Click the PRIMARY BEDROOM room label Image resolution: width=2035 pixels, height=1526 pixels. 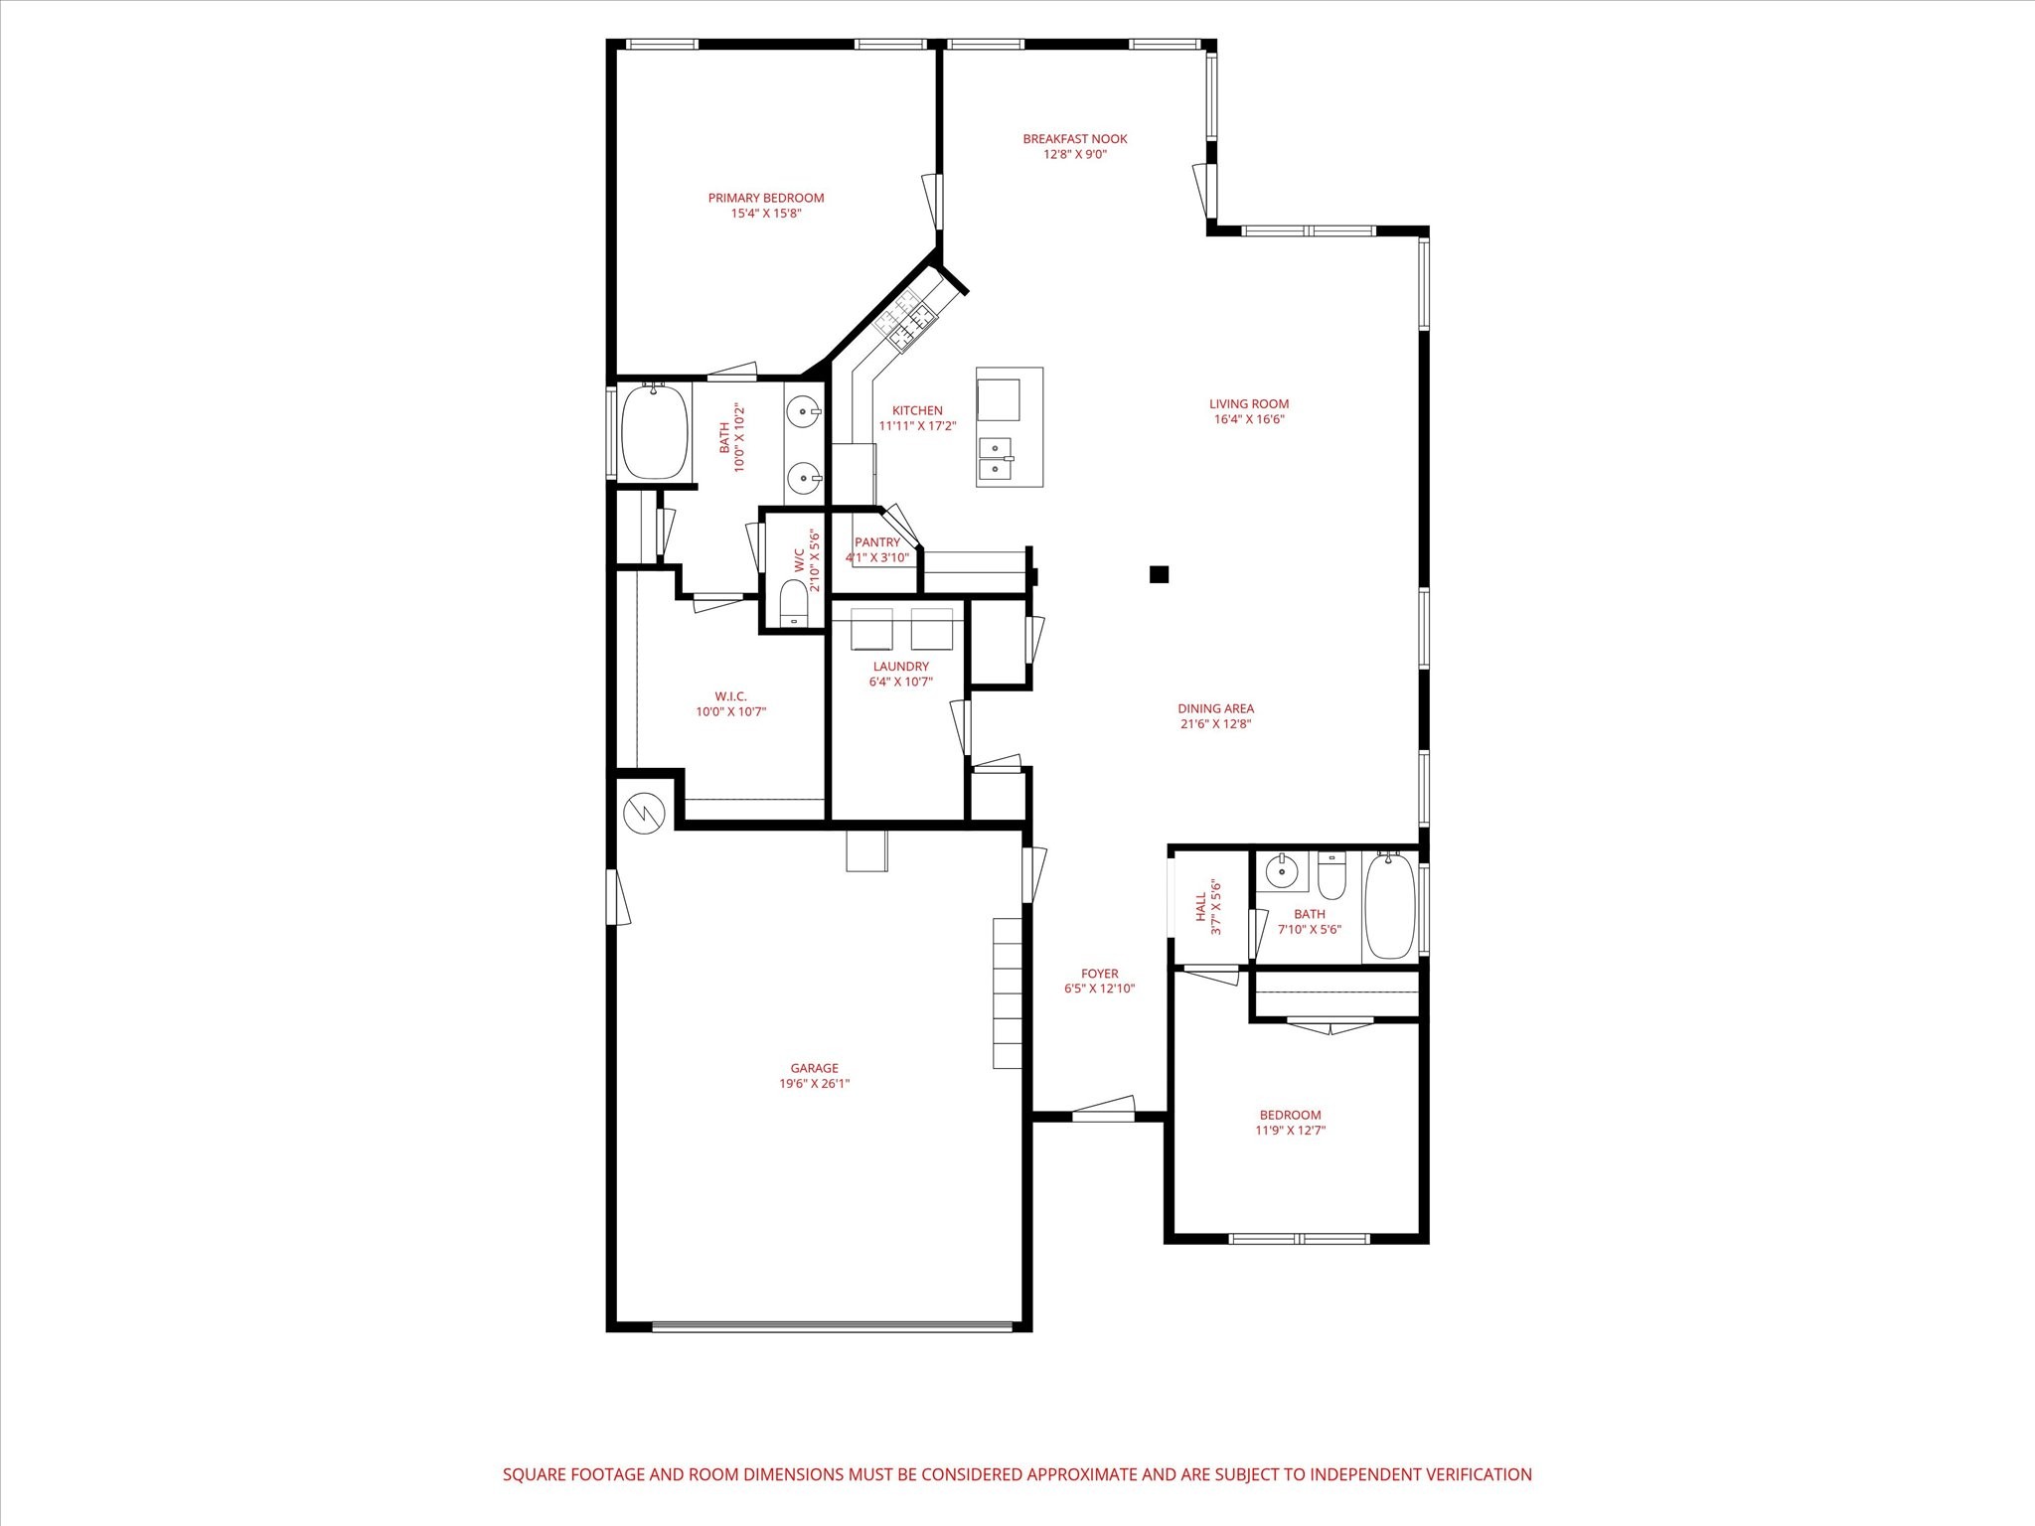tap(765, 198)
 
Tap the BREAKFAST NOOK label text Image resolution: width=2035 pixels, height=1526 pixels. tap(1075, 139)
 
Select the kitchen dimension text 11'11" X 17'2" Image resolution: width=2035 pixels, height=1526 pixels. tap(917, 426)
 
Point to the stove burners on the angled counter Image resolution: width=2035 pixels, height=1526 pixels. tap(906, 322)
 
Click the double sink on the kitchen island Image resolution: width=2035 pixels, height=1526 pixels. tap(995, 460)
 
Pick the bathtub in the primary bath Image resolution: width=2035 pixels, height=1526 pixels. tap(655, 432)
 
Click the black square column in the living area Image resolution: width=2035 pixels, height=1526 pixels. tap(1159, 574)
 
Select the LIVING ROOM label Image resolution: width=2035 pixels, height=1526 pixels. tap(1249, 404)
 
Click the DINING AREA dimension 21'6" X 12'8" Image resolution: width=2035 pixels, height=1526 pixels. tap(1215, 724)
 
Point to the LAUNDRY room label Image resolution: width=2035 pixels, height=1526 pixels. tap(900, 667)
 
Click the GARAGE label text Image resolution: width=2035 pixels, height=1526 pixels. tap(814, 1069)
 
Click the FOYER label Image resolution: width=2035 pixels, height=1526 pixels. tap(1099, 974)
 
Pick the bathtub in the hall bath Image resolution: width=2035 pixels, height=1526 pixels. tap(1390, 906)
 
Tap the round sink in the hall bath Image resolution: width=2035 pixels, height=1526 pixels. tap(1282, 872)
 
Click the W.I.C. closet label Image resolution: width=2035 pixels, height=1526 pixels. tap(730, 696)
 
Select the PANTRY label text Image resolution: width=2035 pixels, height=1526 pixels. tap(876, 542)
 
